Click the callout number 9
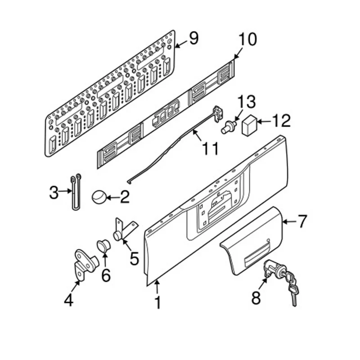point(193,39)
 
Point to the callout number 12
point(280,121)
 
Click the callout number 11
point(210,148)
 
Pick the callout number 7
point(301,221)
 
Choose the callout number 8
point(256,297)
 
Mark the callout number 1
point(157,302)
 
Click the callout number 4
point(68,299)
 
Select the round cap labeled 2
point(99,197)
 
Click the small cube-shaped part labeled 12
point(250,125)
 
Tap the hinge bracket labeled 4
point(84,263)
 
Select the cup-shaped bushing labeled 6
point(103,246)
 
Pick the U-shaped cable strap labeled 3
point(76,193)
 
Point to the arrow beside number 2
point(112,197)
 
